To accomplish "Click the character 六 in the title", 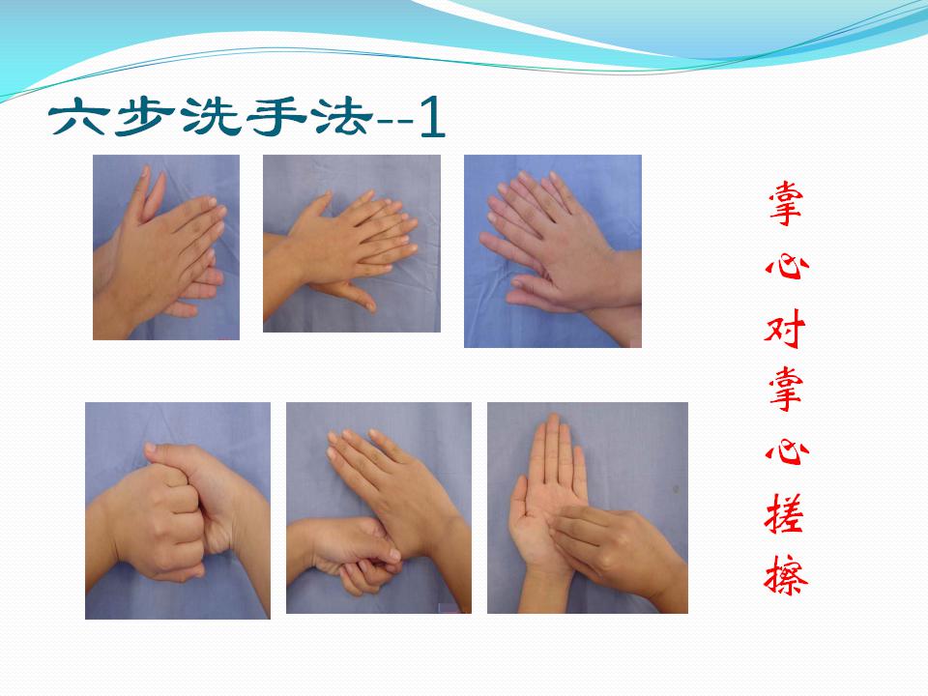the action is tap(79, 117).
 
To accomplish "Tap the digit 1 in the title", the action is tap(432, 117).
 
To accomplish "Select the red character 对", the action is tap(785, 328).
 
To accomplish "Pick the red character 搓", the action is tap(785, 512).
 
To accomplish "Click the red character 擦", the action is tap(785, 574).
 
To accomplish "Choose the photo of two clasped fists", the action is tap(178, 510).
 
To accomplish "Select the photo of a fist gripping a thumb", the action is tap(379, 507).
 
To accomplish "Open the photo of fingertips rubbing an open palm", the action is tap(588, 507).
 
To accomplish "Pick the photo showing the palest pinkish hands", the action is tap(553, 251).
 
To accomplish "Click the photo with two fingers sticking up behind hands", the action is tap(166, 247).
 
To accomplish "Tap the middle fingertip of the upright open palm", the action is tap(553, 418).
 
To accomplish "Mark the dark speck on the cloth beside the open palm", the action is tap(676, 489).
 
